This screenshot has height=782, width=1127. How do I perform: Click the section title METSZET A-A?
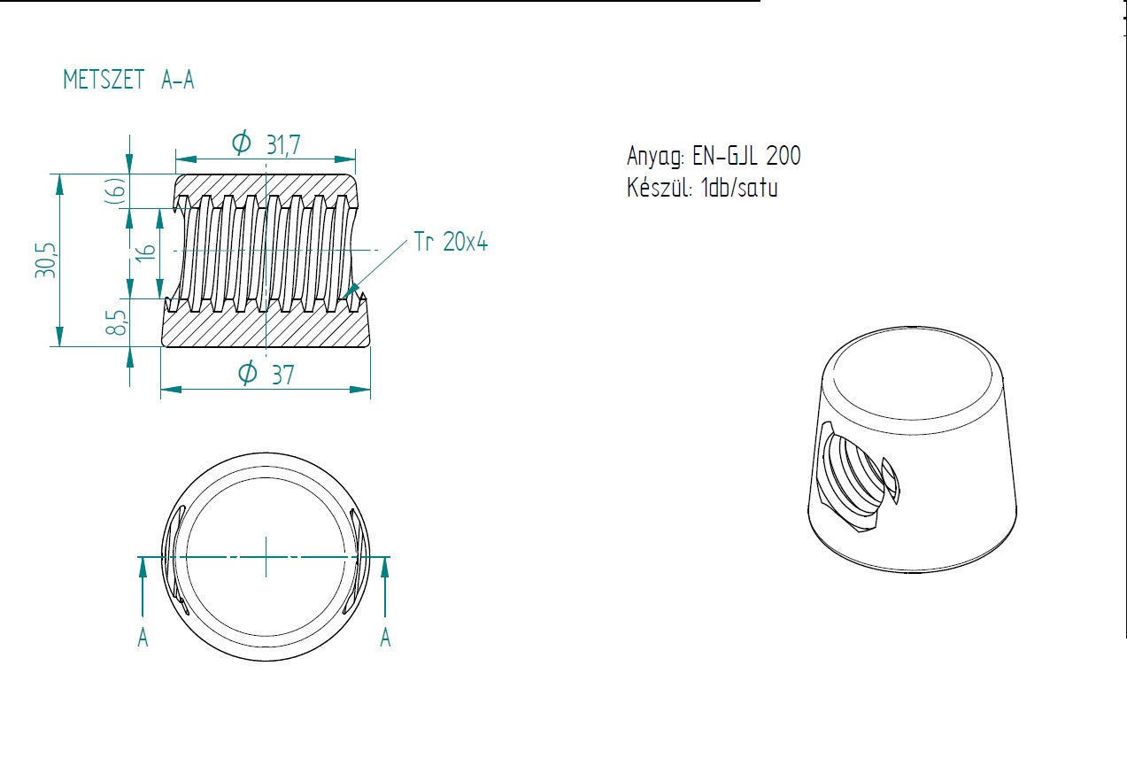coord(128,80)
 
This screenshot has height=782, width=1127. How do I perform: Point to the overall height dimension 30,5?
coord(45,260)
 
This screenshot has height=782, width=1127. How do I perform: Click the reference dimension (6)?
coord(115,190)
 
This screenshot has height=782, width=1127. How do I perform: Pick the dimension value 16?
coord(145,252)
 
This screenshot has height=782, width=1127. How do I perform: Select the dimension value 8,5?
coord(115,322)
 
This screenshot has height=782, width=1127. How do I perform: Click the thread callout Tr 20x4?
coord(451,242)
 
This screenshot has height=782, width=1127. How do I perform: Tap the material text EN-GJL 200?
coord(746,156)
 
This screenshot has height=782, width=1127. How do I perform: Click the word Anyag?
coord(655,157)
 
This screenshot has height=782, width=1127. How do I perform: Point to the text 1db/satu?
coord(739,187)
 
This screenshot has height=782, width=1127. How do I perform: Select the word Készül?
coord(660,187)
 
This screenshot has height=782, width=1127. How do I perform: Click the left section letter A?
coord(143,638)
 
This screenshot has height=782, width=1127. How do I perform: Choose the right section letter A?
coord(385,638)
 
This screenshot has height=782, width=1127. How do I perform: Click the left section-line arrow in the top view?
coord(143,587)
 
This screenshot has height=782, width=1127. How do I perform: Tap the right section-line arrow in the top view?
coord(385,587)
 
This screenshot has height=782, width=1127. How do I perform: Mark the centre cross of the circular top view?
coord(266,557)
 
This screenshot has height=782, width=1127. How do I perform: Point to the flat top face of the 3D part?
coord(912,374)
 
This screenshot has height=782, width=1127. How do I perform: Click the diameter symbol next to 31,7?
coord(242,142)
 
